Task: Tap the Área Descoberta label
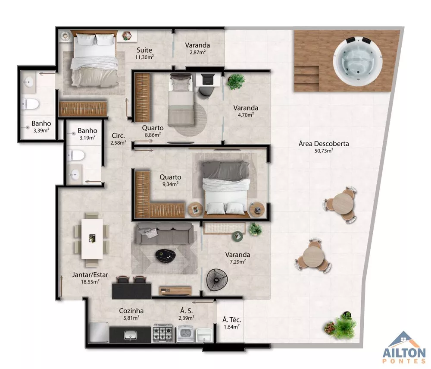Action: click(324, 144)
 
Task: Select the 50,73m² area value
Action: click(324, 151)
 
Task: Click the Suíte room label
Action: click(144, 50)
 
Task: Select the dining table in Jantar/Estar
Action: click(92, 239)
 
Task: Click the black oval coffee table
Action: click(166, 255)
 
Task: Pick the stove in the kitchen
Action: click(163, 334)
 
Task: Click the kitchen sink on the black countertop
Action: click(129, 334)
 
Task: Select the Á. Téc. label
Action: click(231, 320)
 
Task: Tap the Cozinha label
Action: click(131, 311)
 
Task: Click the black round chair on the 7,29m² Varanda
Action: click(216, 280)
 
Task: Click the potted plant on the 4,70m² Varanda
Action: click(236, 81)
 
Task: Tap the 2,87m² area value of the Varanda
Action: click(197, 52)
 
